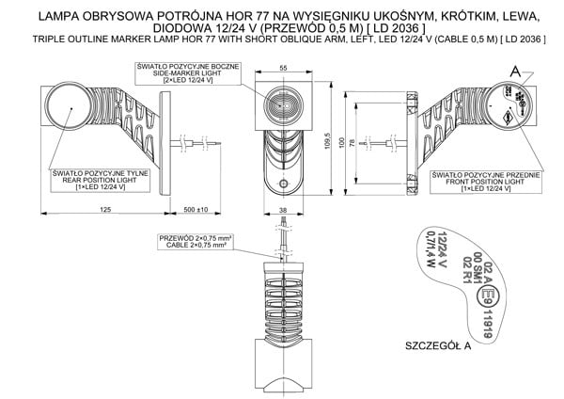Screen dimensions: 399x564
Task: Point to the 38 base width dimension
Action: [x=283, y=211]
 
